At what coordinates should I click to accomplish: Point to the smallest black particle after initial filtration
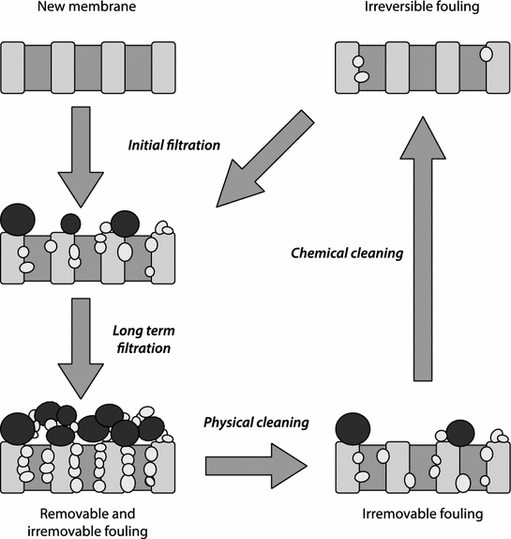tap(70, 223)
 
